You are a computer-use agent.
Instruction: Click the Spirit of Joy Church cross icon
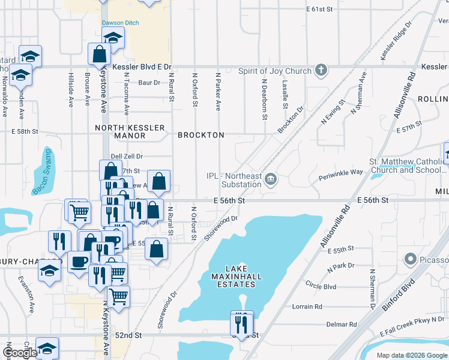coord(321,71)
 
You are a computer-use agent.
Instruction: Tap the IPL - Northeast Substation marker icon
coord(271,179)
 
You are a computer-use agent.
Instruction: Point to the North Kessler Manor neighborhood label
coord(121,131)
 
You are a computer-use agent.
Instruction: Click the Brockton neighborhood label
coord(201,135)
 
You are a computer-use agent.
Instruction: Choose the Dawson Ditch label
coord(120,23)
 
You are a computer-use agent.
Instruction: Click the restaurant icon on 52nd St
coord(242,324)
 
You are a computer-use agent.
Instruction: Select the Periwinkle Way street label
coord(341,172)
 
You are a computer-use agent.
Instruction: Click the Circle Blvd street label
coord(321,286)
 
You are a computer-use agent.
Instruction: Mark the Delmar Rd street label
coord(342,325)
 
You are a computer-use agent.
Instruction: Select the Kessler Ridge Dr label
coord(397,41)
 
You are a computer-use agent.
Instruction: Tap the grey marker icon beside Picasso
coord(411,260)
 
